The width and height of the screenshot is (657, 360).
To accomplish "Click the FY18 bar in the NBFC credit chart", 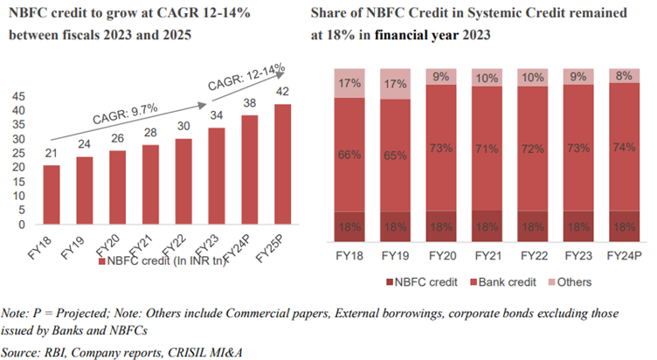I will point(52,195).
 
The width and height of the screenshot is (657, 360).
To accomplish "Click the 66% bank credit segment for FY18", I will point(349,155).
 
